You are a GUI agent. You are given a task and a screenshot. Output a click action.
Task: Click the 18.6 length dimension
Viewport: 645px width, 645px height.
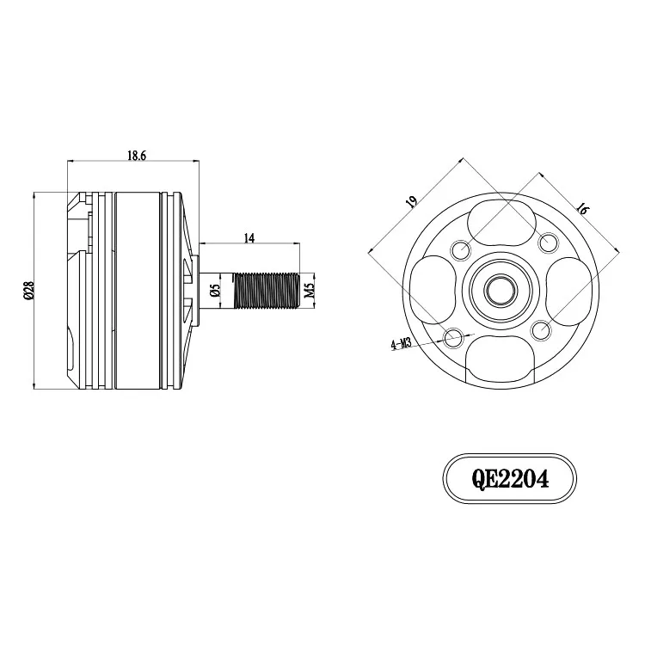tap(137, 156)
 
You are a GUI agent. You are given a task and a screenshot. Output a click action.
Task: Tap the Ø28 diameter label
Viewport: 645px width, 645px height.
tap(28, 290)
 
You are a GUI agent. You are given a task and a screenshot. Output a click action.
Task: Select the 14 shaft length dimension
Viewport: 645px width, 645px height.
tap(249, 238)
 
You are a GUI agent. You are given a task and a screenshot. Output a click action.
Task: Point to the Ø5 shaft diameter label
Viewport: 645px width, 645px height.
tap(215, 291)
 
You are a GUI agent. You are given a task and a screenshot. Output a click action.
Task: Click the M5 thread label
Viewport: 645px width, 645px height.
tap(310, 291)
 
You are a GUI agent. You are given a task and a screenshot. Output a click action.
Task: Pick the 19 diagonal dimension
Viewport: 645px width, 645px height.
tap(411, 200)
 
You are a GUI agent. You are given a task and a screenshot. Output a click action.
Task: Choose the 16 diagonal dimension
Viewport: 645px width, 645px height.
tap(581, 209)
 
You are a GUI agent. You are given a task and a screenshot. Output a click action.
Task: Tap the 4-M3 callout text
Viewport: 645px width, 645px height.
tap(401, 344)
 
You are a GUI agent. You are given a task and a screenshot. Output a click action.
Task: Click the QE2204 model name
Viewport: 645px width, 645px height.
tap(510, 479)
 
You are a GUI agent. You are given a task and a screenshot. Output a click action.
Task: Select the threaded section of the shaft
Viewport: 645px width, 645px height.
tap(266, 291)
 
